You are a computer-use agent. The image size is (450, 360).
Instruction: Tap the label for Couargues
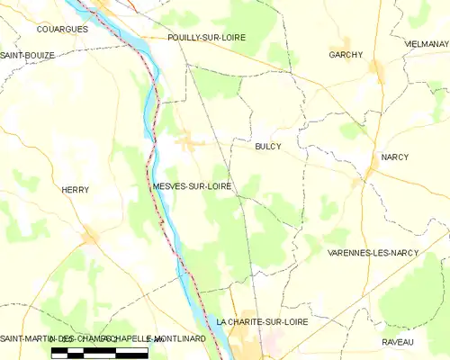pyautogui.click(x=62, y=29)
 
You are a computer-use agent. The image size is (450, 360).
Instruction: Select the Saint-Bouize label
pyautogui.click(x=27, y=55)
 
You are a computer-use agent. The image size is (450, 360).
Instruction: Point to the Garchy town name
pyautogui.click(x=346, y=55)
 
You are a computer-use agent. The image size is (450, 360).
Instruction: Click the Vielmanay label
pyautogui.click(x=427, y=43)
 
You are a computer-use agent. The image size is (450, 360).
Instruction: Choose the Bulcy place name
pyautogui.click(x=268, y=146)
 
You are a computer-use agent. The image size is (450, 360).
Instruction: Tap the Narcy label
pyautogui.click(x=394, y=157)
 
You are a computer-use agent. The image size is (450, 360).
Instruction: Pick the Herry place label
pyautogui.click(x=75, y=190)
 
